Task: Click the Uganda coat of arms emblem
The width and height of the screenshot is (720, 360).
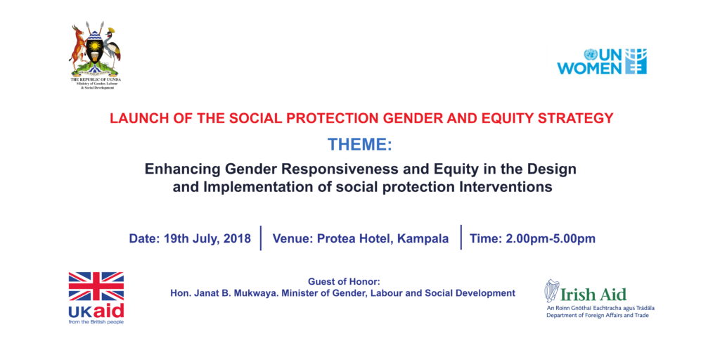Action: coord(95,50)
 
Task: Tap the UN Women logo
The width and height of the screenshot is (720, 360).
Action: coord(602,62)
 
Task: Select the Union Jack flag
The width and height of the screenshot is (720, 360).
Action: coord(96,286)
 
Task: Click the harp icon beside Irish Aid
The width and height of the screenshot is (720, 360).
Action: coord(551,290)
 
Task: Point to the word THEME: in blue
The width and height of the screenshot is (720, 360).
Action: coord(360,145)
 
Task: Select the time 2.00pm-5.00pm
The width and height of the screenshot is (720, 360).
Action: coord(550,239)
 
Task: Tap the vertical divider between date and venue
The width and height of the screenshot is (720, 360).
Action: coord(261,238)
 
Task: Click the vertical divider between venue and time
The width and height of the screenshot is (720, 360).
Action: coord(461,238)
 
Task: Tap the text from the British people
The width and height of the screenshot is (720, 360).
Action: coord(96,322)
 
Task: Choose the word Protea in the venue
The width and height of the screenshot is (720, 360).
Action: coord(334,239)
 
